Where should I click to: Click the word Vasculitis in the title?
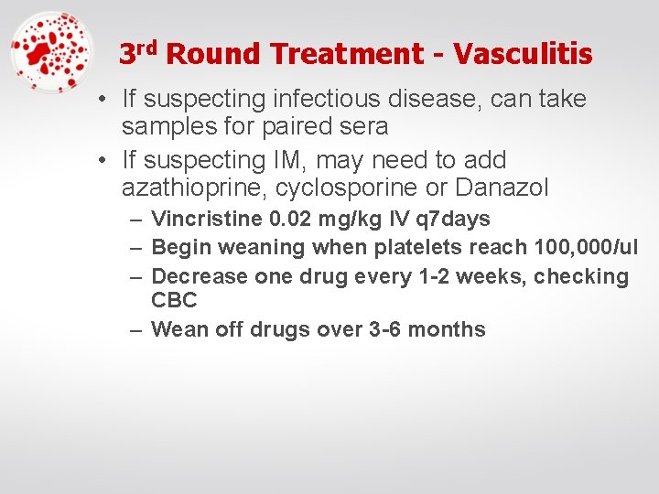pyautogui.click(x=523, y=54)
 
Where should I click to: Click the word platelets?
pyautogui.click(x=416, y=247)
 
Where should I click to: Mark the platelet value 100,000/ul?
pyautogui.click(x=580, y=247)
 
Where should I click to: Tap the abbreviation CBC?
pyautogui.click(x=174, y=300)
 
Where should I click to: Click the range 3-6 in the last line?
pyautogui.click(x=382, y=329)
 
